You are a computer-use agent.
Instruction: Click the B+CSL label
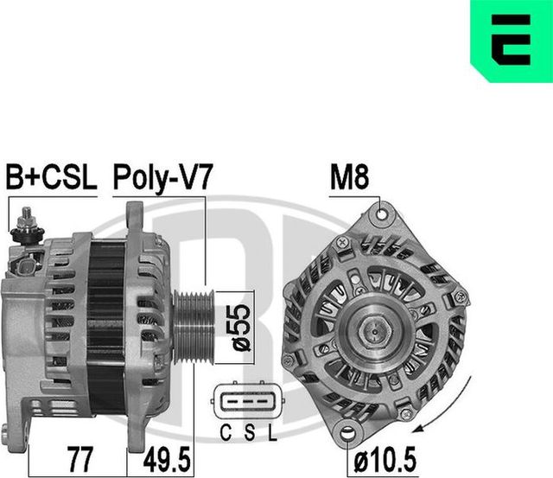point(50,178)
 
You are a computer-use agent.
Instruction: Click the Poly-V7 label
point(162,178)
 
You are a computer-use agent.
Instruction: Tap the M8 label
point(350,178)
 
